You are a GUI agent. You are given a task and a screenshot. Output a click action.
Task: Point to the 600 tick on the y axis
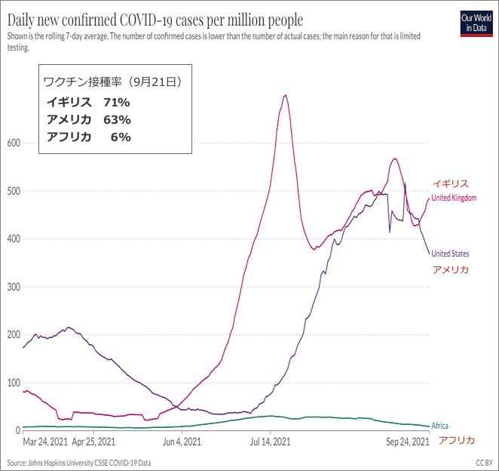tap(12, 143)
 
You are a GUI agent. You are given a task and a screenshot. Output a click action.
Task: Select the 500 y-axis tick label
tap(12, 191)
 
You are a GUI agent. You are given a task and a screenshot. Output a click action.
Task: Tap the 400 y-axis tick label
tap(12, 239)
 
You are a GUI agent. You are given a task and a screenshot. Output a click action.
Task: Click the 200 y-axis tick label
tap(12, 334)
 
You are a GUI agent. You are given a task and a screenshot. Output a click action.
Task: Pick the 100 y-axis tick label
tap(12, 382)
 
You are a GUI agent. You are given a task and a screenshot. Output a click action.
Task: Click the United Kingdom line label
tap(454, 198)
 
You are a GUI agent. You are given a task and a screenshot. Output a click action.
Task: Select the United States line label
tap(450, 254)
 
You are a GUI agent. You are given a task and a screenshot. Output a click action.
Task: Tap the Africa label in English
tap(439, 426)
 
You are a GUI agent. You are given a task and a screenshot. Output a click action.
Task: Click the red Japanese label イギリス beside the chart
tap(450, 183)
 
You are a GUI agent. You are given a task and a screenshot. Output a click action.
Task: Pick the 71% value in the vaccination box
tap(118, 102)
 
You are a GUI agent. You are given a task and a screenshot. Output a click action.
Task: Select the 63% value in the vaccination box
tap(118, 119)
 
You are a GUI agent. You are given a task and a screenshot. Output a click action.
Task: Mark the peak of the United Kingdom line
tap(285, 95)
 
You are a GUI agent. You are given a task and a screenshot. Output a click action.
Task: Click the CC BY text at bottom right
tap(482, 462)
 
